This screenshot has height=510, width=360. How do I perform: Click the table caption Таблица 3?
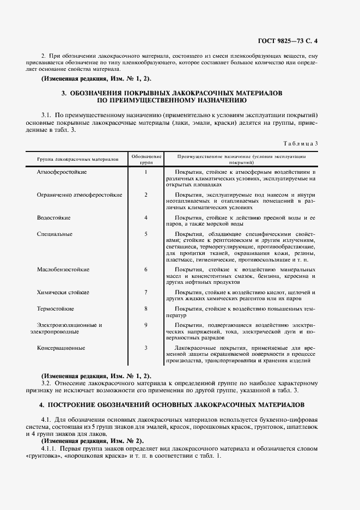pos(301,143)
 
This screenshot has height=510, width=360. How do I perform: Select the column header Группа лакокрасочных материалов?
pos(77,160)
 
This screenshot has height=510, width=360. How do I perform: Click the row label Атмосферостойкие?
pos(62,172)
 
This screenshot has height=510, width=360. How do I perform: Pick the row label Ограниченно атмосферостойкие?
pos(79,195)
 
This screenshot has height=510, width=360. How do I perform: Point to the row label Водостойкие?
pos(53,217)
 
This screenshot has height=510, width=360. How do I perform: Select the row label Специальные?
pos(54,234)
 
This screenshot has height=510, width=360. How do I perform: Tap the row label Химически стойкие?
pos(63,292)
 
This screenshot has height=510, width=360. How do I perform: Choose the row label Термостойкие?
pos(55,308)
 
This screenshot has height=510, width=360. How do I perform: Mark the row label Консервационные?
pos(61,348)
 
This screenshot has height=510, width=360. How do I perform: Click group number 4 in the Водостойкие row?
pos(146,217)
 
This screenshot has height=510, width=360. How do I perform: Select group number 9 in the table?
pos(146,325)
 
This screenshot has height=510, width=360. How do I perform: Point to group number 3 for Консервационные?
pos(146,348)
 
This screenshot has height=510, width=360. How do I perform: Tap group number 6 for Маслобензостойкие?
pos(146,269)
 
